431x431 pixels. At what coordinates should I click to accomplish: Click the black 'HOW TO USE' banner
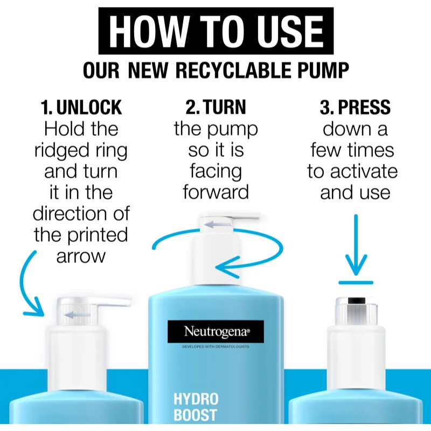[x=215, y=31]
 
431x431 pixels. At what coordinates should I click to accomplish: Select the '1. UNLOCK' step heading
[x=81, y=107]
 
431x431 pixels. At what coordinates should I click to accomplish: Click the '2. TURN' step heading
[x=215, y=107]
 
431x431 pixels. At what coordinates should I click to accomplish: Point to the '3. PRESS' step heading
[x=354, y=107]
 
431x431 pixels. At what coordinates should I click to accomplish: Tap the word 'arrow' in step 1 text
[x=81, y=255]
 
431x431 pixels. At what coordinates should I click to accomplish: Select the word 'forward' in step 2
[x=215, y=192]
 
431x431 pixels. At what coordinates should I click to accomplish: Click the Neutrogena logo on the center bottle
[x=215, y=331]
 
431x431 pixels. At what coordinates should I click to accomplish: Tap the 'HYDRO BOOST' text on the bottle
[x=196, y=407]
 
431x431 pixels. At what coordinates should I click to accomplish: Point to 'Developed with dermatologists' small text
[x=215, y=347]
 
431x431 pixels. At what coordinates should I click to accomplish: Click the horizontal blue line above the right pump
[x=356, y=282]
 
